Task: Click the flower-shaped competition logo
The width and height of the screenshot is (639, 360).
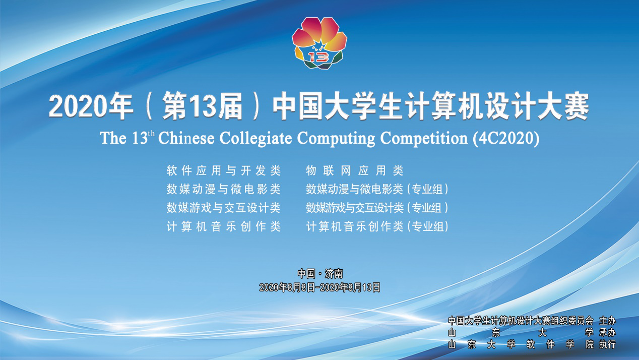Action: point(319,43)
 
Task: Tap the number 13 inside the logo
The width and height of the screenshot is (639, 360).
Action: point(318,57)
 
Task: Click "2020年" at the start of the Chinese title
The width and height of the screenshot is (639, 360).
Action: point(91,106)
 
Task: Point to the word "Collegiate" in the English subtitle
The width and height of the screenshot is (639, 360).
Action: point(255,138)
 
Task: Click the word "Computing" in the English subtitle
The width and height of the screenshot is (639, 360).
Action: point(336,139)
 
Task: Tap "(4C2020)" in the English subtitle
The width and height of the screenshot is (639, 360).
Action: point(506,139)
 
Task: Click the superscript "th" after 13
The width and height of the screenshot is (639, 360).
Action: point(152,134)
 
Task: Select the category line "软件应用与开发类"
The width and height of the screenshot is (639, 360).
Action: point(224,171)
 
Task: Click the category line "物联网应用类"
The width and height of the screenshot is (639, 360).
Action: point(355,171)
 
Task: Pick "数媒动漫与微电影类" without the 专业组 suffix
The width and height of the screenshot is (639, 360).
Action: point(224,189)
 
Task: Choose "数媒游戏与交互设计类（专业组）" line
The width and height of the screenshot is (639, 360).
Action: point(377,208)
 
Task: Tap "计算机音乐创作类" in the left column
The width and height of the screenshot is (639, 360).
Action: point(224,227)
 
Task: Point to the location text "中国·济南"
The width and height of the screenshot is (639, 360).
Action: point(320,273)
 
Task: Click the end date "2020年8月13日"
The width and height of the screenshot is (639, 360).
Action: point(350,287)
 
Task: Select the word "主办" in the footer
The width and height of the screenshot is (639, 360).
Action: point(607,321)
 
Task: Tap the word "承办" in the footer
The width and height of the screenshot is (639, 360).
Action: point(607,333)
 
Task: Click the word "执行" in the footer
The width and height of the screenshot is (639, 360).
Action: point(607,344)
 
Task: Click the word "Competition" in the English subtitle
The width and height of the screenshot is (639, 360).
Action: point(424,139)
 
